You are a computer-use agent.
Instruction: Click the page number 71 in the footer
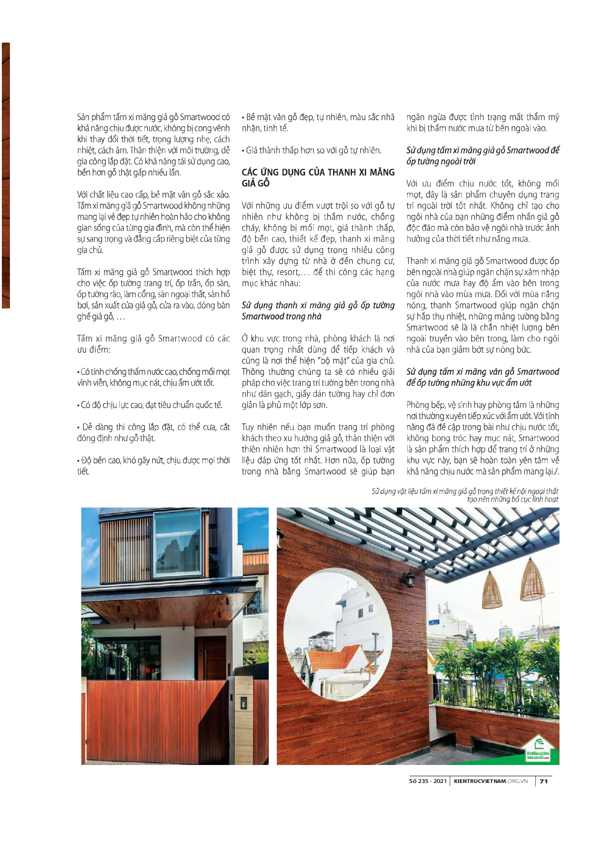[544, 781]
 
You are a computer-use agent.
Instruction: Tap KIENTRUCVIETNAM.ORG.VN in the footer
[490, 781]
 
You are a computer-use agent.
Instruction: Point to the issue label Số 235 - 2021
[428, 781]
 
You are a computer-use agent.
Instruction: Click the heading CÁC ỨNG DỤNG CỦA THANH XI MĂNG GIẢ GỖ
[318, 178]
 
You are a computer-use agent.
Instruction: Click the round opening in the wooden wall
[337, 636]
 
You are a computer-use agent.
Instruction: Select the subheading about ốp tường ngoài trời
[483, 156]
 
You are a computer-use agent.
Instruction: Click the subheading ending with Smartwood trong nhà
[318, 311]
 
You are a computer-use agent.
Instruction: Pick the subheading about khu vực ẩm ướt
[483, 377]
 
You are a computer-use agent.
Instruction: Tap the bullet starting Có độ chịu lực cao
[150, 405]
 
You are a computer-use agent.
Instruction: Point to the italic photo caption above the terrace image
[465, 495]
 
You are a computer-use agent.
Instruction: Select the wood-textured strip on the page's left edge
[6, 176]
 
